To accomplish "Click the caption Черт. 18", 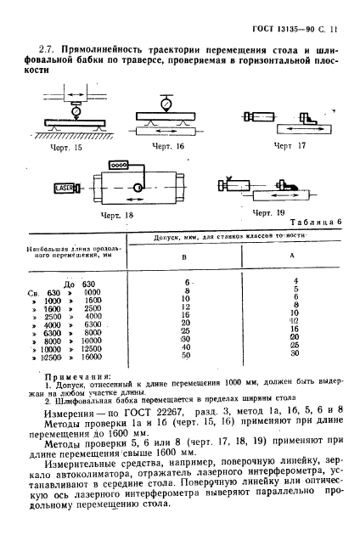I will (117, 216).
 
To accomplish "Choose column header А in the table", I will (294, 255).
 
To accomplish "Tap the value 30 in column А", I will (294, 353).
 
